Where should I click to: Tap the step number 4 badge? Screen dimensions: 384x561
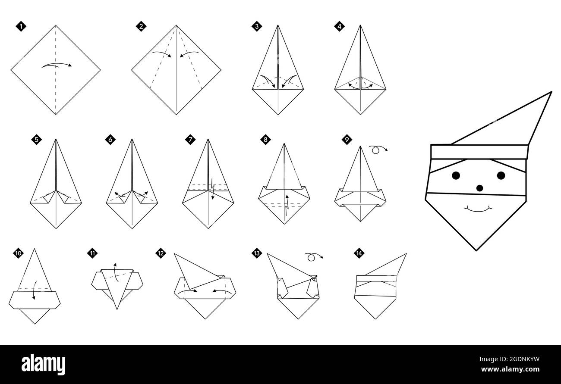pyautogui.click(x=339, y=26)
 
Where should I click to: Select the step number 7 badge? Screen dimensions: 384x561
pyautogui.click(x=190, y=139)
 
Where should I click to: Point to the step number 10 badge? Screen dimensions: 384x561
pyautogui.click(x=18, y=253)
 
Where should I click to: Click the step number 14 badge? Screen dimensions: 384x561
pyautogui.click(x=358, y=253)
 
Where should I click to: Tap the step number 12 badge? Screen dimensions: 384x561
pyautogui.click(x=161, y=253)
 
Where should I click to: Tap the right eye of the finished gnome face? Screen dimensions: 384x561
pyautogui.click(x=501, y=175)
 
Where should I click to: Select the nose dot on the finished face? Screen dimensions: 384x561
pyautogui.click(x=479, y=188)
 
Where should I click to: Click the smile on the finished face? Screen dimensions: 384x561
pyautogui.click(x=478, y=209)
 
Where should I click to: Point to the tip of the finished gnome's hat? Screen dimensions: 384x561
pyautogui.click(x=550, y=93)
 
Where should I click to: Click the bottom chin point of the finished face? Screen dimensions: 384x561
pyautogui.click(x=476, y=250)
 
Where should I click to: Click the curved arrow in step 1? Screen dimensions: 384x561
pyautogui.click(x=57, y=65)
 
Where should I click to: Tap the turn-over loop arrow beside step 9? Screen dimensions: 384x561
pyautogui.click(x=378, y=149)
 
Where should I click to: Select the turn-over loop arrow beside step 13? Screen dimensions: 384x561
pyautogui.click(x=314, y=257)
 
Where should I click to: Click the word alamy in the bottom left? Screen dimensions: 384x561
pyautogui.click(x=43, y=365)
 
